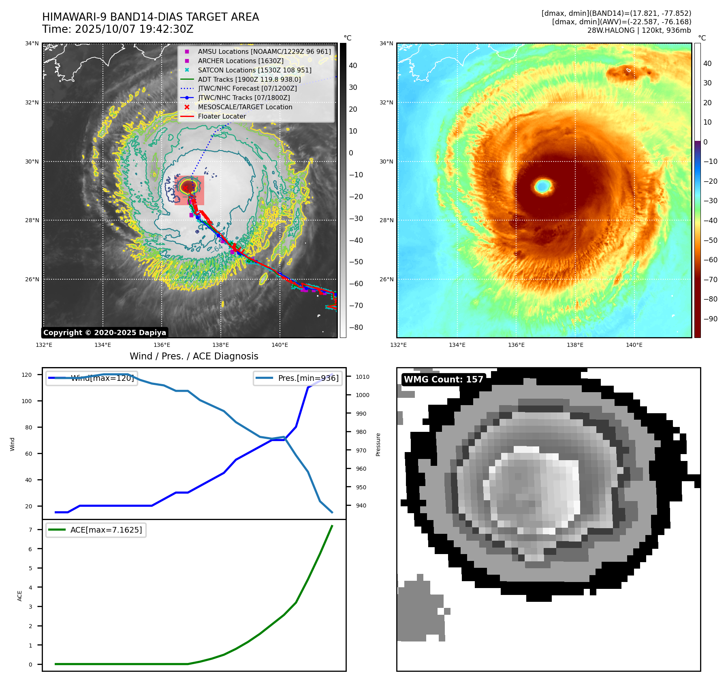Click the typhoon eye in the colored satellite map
pyautogui.click(x=543, y=186)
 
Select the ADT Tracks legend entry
pyautogui.click(x=249, y=79)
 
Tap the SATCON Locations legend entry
pyautogui.click(x=254, y=70)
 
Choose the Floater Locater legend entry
pyautogui.click(x=222, y=116)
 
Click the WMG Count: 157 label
pyautogui.click(x=444, y=380)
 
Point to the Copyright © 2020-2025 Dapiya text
pyautogui.click(x=105, y=333)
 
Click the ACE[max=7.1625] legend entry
pyautogui.click(x=106, y=530)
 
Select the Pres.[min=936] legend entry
pyautogui.click(x=308, y=378)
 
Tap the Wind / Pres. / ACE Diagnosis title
pyautogui.click(x=194, y=356)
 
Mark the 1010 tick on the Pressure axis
pyautogui.click(x=363, y=377)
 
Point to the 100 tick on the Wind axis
pyautogui.click(x=27, y=401)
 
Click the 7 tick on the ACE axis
pyautogui.click(x=30, y=530)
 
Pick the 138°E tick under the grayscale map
pyautogui.click(x=221, y=345)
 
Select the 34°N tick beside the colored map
pyautogui.click(x=386, y=43)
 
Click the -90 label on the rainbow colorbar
pyautogui.click(x=711, y=319)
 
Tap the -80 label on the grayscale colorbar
pyautogui.click(x=356, y=327)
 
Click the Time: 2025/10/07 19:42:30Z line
pyautogui.click(x=117, y=29)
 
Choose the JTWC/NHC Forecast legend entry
pyautogui.click(x=247, y=88)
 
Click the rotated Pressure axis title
pyautogui.click(x=378, y=444)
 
